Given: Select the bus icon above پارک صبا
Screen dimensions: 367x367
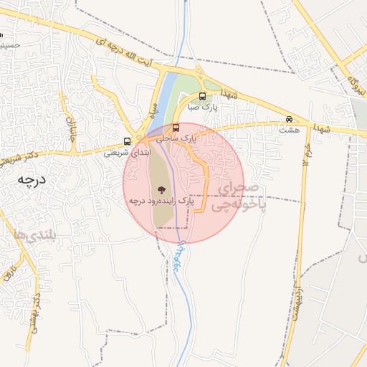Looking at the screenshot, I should click(201, 96).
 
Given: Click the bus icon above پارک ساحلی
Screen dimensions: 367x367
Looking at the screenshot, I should click(176, 128).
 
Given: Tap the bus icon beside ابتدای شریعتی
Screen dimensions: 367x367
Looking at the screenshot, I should click(128, 140).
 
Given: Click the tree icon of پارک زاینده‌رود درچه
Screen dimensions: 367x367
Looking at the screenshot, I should click(159, 191).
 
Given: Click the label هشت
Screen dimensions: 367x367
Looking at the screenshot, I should click(290, 130).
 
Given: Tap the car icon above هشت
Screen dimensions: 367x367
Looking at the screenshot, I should click(290, 119).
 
